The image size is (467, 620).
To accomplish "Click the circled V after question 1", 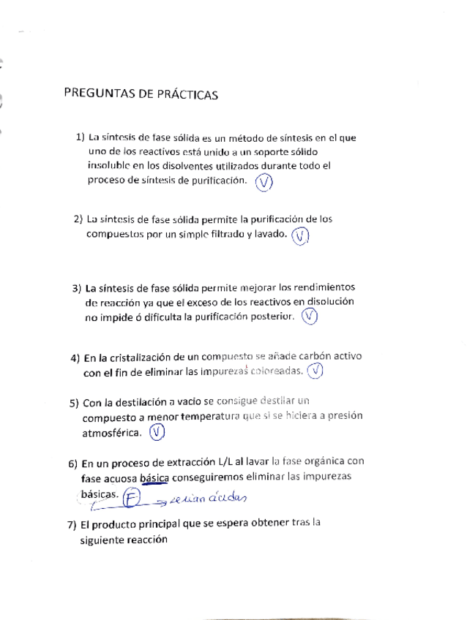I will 264,184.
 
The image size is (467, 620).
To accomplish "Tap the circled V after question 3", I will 310,317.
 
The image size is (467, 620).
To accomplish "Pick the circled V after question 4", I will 315,371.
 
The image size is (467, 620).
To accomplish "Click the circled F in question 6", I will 132,498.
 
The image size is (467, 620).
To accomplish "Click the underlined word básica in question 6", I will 154,478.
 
